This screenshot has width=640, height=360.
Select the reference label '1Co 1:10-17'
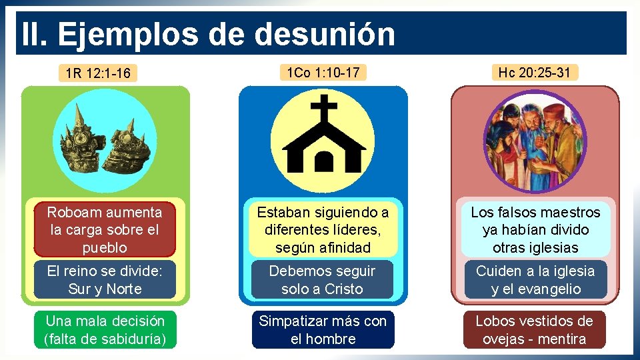[x=323, y=72]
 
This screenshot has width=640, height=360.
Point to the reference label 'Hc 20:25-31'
[x=534, y=72]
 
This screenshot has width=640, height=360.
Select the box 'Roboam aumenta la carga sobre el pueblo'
[x=104, y=230]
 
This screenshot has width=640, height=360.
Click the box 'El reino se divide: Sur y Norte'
[x=104, y=280]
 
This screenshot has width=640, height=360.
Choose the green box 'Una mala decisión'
[x=104, y=330]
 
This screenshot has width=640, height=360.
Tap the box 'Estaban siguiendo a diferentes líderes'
[x=323, y=230]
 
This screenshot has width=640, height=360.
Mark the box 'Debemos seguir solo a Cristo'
[x=323, y=280]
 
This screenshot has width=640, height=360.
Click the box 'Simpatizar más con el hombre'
[x=323, y=330]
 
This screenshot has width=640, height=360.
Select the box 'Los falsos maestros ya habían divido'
[x=535, y=230]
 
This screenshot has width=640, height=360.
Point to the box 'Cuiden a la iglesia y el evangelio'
[x=535, y=280]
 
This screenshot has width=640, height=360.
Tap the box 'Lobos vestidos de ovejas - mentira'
[x=535, y=330]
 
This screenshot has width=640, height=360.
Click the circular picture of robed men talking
[x=534, y=142]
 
